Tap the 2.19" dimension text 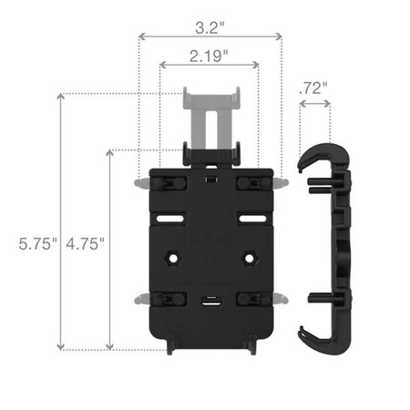209,56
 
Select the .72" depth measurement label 313,88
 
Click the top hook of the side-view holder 315,154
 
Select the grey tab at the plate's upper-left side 140,183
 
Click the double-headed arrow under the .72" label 314,105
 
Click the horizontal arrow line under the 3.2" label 209,36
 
